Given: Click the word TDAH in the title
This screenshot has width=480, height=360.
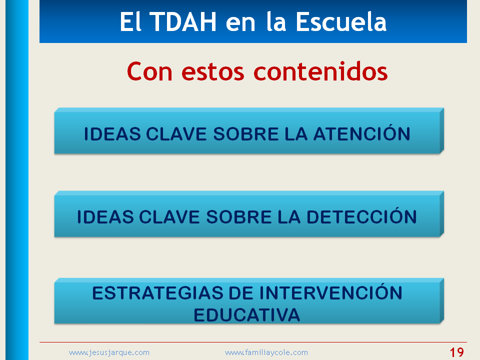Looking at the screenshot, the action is [x=184, y=22].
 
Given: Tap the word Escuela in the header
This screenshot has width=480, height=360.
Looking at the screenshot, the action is [x=341, y=22].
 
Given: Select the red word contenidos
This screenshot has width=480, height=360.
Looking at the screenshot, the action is [x=320, y=71].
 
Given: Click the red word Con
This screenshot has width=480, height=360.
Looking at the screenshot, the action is [x=149, y=71].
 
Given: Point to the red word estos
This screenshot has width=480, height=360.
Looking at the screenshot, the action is [x=213, y=73].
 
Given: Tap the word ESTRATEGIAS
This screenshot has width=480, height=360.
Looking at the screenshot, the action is [x=158, y=293].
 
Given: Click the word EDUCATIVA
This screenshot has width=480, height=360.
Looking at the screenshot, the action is [x=247, y=315].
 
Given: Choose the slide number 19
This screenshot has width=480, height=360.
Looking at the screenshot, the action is [x=456, y=352].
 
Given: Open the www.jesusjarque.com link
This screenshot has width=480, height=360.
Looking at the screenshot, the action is [x=109, y=352].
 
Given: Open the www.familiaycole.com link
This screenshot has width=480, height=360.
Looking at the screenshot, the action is [x=266, y=352].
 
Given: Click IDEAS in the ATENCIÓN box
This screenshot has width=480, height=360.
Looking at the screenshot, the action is [x=112, y=134].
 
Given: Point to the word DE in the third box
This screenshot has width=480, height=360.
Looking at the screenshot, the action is [x=241, y=293].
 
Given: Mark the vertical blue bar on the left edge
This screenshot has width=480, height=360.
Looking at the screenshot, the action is [x=17, y=180].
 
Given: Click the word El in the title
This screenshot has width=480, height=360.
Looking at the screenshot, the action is [x=130, y=22].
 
